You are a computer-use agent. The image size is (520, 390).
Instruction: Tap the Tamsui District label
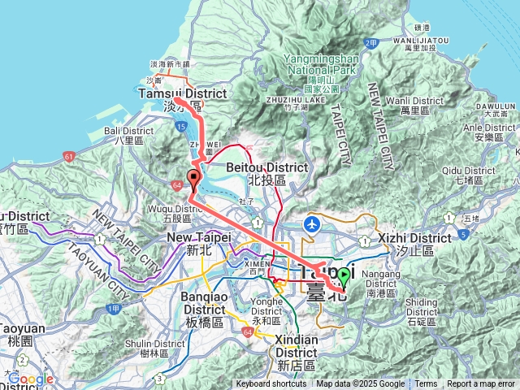coord(182,93)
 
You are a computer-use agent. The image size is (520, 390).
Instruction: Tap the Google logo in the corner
coord(30,379)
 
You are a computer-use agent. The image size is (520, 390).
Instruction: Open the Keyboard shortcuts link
coord(271,384)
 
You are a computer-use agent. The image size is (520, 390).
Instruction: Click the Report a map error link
coord(481,384)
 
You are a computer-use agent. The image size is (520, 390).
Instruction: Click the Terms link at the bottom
coord(426,384)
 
